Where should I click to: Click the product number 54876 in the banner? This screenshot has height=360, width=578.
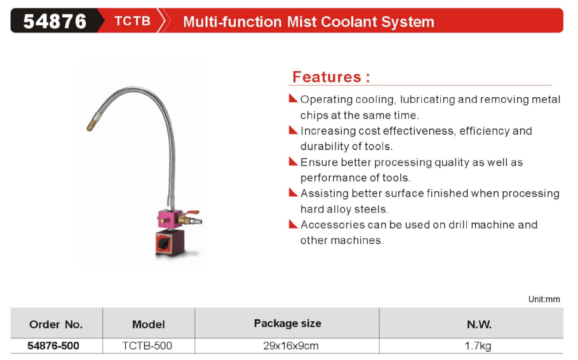click(55, 22)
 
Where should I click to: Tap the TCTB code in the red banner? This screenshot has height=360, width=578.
click(132, 21)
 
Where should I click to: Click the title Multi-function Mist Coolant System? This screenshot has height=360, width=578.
click(309, 22)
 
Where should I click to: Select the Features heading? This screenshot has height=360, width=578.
click(331, 77)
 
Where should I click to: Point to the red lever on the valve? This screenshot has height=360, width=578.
click(192, 213)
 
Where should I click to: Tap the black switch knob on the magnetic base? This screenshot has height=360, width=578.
click(163, 243)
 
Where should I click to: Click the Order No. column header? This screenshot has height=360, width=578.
click(56, 324)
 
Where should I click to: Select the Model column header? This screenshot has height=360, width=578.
click(149, 324)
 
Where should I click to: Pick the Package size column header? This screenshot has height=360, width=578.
click(288, 324)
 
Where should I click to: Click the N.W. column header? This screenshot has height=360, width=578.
click(479, 324)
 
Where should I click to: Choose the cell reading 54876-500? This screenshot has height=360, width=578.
click(53, 345)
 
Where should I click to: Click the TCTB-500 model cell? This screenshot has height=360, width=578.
click(147, 345)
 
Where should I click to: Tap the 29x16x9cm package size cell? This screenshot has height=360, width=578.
click(291, 345)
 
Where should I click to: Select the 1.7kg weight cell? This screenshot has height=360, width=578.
click(478, 346)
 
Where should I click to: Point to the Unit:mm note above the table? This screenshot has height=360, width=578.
click(544, 299)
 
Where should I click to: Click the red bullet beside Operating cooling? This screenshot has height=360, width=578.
click(293, 98)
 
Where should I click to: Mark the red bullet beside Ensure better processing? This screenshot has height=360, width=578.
click(293, 161)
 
